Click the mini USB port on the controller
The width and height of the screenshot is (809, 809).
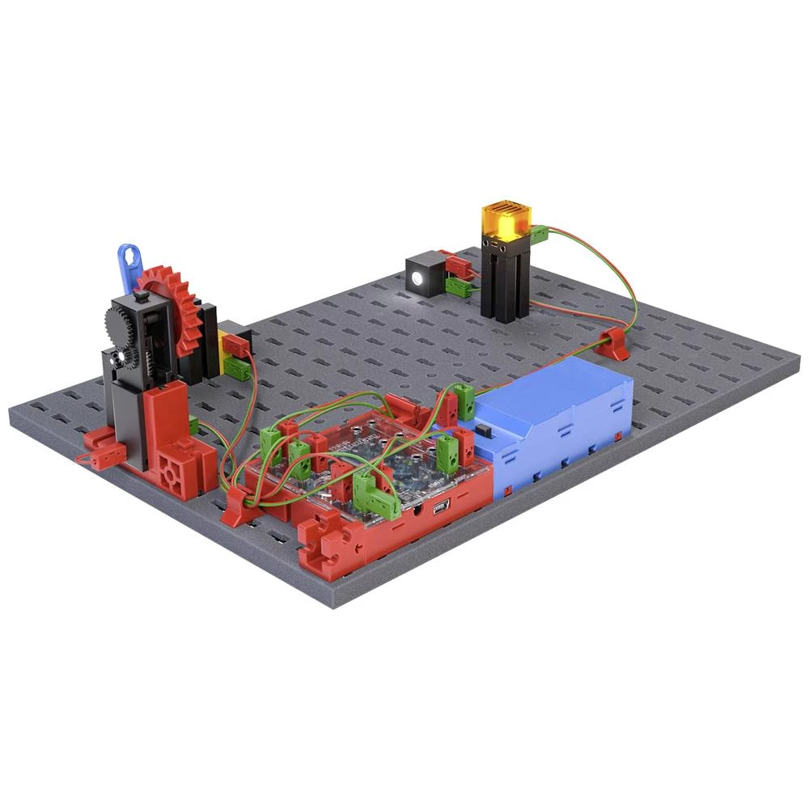coord(439,507)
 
